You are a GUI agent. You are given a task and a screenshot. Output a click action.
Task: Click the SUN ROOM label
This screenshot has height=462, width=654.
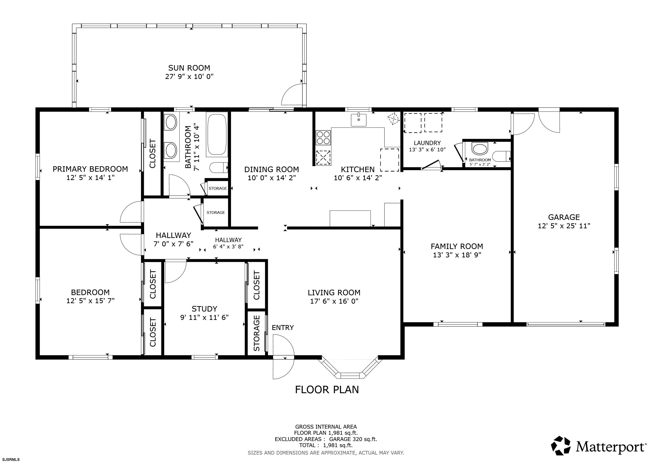pos(189,68)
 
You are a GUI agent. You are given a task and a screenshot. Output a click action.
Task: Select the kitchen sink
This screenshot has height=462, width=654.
pos(359,120)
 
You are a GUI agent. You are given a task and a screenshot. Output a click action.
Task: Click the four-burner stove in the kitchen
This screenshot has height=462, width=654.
pos(323,138)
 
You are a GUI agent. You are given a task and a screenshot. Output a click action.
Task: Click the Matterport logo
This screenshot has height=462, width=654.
pos(598,445)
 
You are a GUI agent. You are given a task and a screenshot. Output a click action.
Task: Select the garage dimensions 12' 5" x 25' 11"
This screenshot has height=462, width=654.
pos(564,226)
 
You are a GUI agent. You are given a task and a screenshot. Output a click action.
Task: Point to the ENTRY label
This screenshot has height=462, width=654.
pos(283,328)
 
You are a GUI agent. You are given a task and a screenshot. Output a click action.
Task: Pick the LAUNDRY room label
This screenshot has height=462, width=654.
pos(427,143)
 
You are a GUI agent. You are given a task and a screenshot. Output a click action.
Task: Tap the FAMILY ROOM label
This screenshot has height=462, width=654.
pos(457,246)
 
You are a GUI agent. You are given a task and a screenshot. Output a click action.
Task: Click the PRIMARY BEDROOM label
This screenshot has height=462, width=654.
pos(90,169)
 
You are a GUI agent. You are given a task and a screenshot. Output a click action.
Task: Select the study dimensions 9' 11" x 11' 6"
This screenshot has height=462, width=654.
pos(205,317)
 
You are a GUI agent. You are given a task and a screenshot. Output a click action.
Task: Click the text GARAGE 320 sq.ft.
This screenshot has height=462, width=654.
pos(353,439)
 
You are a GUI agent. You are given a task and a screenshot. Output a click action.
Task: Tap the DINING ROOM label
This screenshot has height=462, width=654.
pos(271,170)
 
